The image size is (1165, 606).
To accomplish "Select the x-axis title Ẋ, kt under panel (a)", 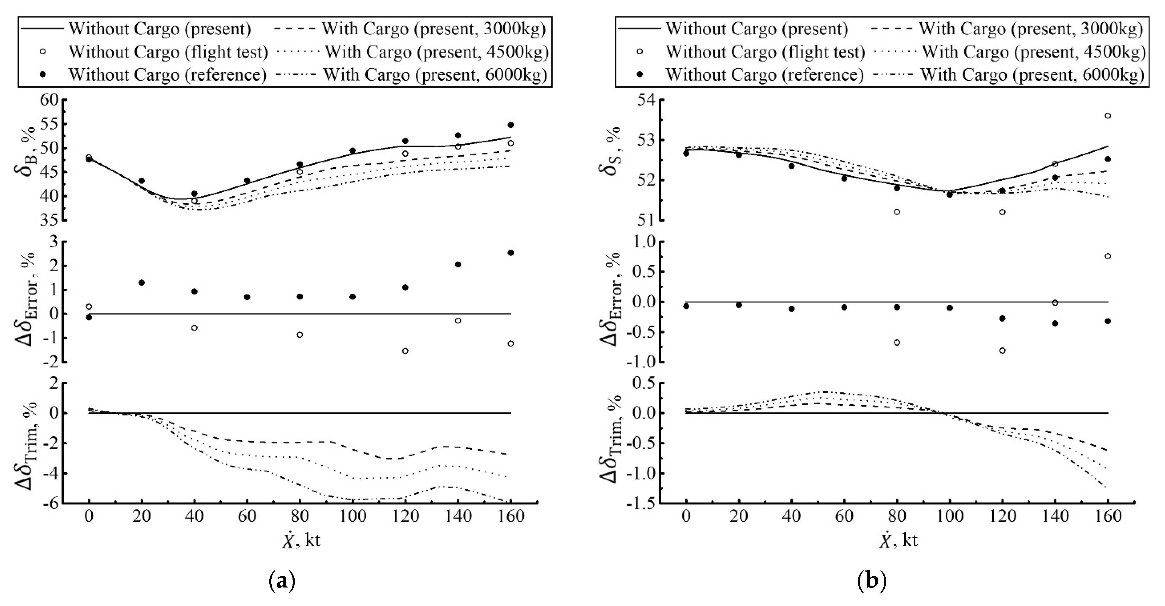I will point(301,540).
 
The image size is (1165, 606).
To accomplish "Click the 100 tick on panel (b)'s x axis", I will point(950,516).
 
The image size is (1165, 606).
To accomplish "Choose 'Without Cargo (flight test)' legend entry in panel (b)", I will point(765,52).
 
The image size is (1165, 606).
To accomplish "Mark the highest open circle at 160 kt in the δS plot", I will point(1107,116).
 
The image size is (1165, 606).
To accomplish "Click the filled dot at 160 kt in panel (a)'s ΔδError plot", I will point(511,253).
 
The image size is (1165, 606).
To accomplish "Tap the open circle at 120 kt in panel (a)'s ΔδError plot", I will point(405,351).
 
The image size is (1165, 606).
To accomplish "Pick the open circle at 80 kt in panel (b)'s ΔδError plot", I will point(897,342).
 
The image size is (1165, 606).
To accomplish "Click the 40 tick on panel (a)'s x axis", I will point(194,516).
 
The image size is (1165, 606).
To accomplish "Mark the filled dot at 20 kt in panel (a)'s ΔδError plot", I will point(142,283).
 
